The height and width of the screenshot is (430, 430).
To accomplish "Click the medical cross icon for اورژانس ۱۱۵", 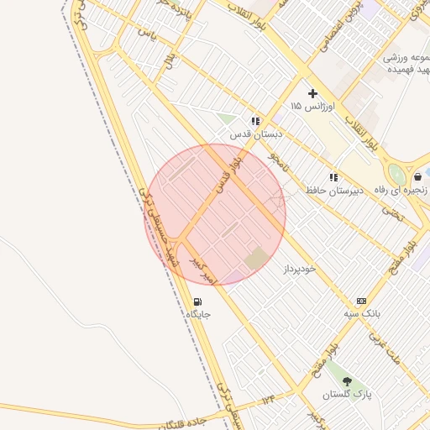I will point(313,94).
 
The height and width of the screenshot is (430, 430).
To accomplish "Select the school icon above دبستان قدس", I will point(255,121).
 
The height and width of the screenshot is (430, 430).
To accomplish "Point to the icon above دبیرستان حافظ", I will point(333,177).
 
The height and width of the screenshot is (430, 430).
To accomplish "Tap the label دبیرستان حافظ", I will point(333,191).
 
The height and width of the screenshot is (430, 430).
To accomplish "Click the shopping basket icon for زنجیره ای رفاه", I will point(417,177).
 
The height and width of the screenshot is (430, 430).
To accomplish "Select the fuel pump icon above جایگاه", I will point(197,302).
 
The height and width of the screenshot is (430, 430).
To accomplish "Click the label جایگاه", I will point(197,315).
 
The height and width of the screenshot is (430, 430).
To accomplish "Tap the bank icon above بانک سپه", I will point(361,301).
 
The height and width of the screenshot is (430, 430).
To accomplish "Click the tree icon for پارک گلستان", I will point(347,381).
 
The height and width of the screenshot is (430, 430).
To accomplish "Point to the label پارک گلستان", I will point(347,394).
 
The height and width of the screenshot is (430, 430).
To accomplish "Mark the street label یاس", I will point(148,34).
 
